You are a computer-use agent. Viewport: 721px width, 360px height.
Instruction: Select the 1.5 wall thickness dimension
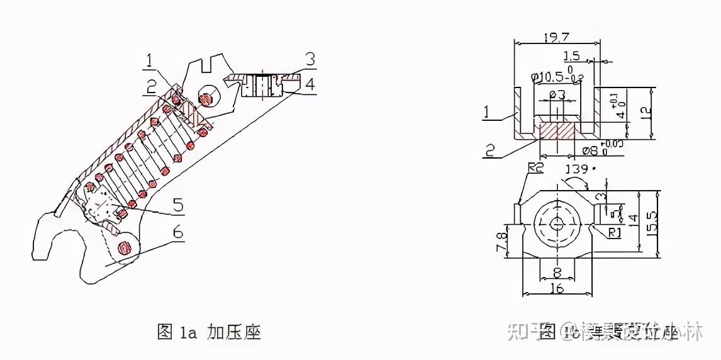click(572, 56)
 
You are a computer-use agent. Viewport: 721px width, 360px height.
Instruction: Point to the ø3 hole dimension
click(556, 95)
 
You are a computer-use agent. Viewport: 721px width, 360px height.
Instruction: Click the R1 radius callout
click(615, 233)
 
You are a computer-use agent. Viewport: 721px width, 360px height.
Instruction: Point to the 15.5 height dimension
click(652, 223)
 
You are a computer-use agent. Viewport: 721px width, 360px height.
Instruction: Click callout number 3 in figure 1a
click(310, 60)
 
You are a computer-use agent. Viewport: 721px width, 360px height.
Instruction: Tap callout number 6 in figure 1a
click(178, 233)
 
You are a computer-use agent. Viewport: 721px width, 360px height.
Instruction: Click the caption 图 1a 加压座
click(209, 332)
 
